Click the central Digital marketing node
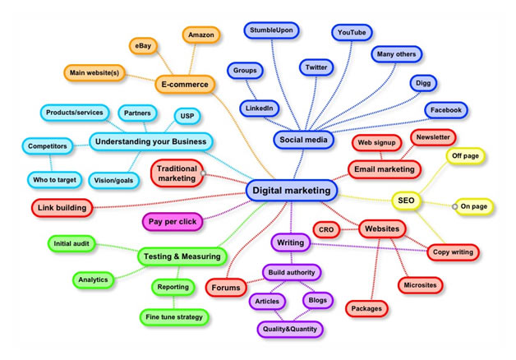click(x=292, y=191)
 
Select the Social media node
click(x=303, y=140)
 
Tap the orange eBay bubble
click(x=143, y=46)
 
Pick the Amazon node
click(x=201, y=35)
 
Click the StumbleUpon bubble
click(x=271, y=30)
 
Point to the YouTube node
click(x=352, y=33)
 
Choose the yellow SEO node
click(x=406, y=201)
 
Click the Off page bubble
click(x=465, y=155)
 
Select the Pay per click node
click(x=173, y=221)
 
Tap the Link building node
click(x=62, y=208)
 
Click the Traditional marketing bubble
click(x=177, y=173)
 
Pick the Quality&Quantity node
click(x=289, y=329)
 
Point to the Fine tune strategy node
click(x=174, y=317)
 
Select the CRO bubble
click(x=326, y=229)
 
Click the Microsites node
click(x=420, y=285)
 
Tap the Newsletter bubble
click(x=433, y=137)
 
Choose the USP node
click(x=187, y=116)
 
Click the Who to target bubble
click(x=54, y=180)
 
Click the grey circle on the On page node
click(x=455, y=206)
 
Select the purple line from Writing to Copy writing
click(x=369, y=247)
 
